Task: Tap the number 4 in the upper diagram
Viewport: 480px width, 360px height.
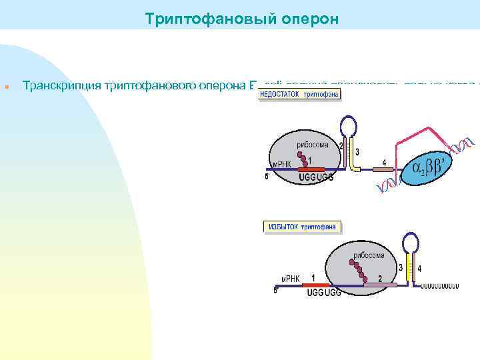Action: point(384,162)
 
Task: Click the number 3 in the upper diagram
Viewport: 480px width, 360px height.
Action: point(357,153)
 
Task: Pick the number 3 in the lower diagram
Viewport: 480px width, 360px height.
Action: point(401,268)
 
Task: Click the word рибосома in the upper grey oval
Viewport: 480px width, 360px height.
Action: point(313,145)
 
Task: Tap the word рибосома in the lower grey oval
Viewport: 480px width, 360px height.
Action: point(369,255)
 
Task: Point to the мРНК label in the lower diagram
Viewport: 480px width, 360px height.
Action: point(289,278)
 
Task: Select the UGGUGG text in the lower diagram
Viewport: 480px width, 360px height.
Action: point(323,293)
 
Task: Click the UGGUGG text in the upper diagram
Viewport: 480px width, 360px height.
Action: point(316,178)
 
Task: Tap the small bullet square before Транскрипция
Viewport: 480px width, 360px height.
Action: point(5,87)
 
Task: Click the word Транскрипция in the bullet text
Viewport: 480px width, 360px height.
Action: point(60,85)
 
